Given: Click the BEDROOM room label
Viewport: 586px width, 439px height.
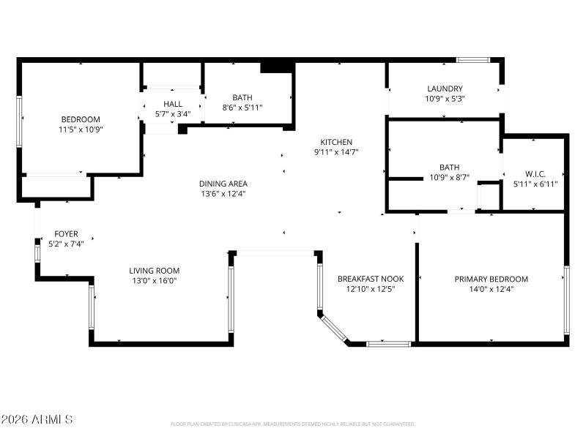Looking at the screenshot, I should point(80,119).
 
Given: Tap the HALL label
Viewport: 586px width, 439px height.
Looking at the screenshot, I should point(173,104).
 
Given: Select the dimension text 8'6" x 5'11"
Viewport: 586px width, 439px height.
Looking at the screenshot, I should point(242,108).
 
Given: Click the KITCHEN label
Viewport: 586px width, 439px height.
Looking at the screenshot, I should point(336,142).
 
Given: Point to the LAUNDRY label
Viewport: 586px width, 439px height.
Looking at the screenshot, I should point(445,89).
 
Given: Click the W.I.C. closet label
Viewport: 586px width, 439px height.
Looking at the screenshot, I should point(535,173).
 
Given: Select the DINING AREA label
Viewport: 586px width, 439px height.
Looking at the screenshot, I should point(223,184).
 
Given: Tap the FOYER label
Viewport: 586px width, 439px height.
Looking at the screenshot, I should point(66,234).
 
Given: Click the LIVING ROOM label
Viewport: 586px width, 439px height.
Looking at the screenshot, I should point(155,271).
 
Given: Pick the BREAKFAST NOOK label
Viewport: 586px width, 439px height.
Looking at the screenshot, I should point(371,279).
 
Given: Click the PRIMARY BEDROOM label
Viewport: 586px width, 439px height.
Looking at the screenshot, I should point(491,279).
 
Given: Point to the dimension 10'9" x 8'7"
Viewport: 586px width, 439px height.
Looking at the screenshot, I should point(449,177).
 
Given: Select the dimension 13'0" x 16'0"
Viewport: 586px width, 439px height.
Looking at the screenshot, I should point(155,280).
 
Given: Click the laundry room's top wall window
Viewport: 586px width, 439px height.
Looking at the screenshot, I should point(473,59).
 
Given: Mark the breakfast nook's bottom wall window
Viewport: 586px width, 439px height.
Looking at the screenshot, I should point(388,342).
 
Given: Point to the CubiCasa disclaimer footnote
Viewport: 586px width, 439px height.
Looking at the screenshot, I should point(292,424).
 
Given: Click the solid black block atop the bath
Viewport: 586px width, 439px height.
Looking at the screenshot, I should point(278,67).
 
